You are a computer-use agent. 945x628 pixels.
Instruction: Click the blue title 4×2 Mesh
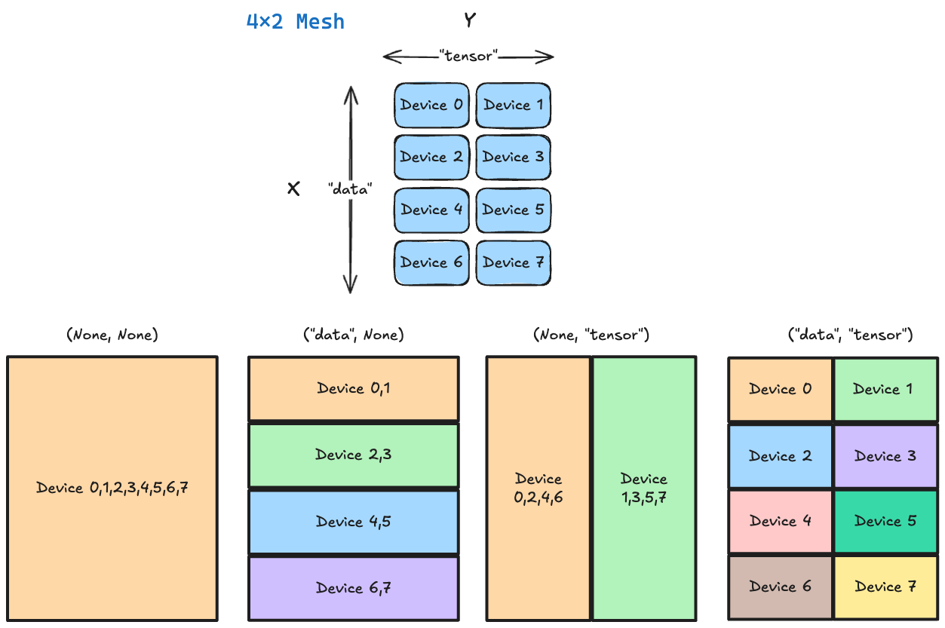pyautogui.click(x=295, y=22)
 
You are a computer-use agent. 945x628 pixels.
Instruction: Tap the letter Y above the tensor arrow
pyautogui.click(x=470, y=20)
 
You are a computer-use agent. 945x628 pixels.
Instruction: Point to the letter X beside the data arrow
pyautogui.click(x=293, y=189)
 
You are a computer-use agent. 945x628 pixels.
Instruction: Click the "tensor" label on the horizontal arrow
pyautogui.click(x=468, y=57)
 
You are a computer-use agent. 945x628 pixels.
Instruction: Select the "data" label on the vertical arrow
pyautogui.click(x=351, y=189)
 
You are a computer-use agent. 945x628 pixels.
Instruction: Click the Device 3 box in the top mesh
pyautogui.click(x=513, y=158)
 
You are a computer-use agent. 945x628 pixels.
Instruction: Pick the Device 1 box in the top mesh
pyautogui.click(x=513, y=105)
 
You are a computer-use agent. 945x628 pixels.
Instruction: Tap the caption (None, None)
pyautogui.click(x=112, y=335)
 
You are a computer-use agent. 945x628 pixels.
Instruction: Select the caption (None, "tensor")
pyautogui.click(x=591, y=335)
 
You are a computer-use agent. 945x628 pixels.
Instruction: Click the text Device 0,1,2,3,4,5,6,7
pyautogui.click(x=112, y=488)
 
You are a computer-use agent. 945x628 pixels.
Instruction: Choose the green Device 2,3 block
pyautogui.click(x=353, y=455)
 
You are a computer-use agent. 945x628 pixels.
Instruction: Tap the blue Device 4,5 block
pyautogui.click(x=353, y=522)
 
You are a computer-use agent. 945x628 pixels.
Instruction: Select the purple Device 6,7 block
pyautogui.click(x=353, y=588)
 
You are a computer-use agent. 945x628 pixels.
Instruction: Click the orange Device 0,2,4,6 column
pyautogui.click(x=538, y=489)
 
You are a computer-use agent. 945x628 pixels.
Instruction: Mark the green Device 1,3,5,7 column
pyautogui.click(x=643, y=489)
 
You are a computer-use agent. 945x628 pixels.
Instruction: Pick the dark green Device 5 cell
pyautogui.click(x=885, y=522)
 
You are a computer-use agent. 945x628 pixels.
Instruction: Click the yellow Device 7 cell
pyautogui.click(x=885, y=587)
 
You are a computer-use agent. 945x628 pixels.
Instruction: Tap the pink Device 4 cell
pyautogui.click(x=781, y=522)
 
